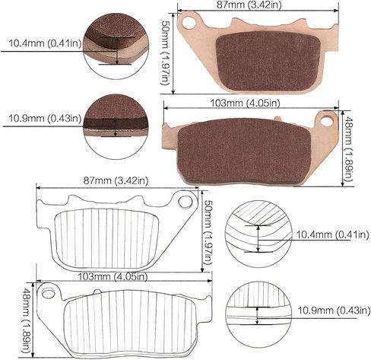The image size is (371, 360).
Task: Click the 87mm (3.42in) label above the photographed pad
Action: click(257, 5)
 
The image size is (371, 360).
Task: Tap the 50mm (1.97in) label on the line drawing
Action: click(208, 231)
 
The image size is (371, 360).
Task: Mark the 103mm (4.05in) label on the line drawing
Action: click(103, 277)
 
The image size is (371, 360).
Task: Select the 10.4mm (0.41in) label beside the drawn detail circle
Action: click(329, 233)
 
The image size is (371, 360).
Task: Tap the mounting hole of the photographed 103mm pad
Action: click(328, 119)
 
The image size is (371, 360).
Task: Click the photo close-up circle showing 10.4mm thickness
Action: click(114, 43)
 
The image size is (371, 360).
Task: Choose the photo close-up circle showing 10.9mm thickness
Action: click(114, 119)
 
